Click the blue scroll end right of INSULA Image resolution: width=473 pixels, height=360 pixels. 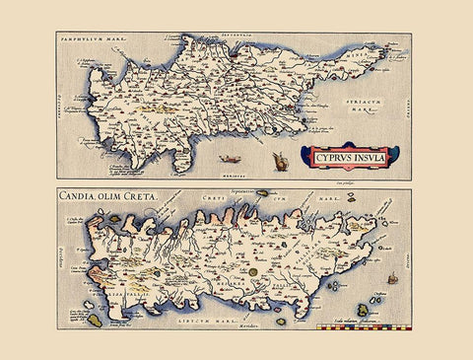tap(394, 155)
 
